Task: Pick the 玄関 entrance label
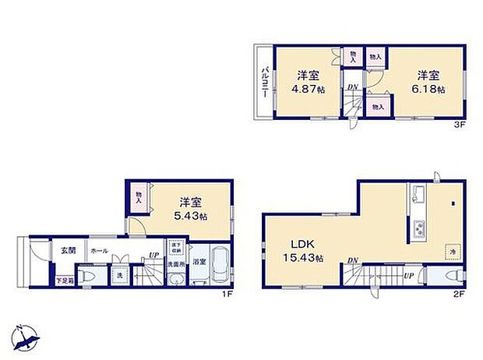(68, 251)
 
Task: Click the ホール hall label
(99, 251)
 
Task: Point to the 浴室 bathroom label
(199, 262)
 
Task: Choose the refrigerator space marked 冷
(452, 251)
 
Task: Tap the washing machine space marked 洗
(121, 276)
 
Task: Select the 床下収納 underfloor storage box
(176, 249)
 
